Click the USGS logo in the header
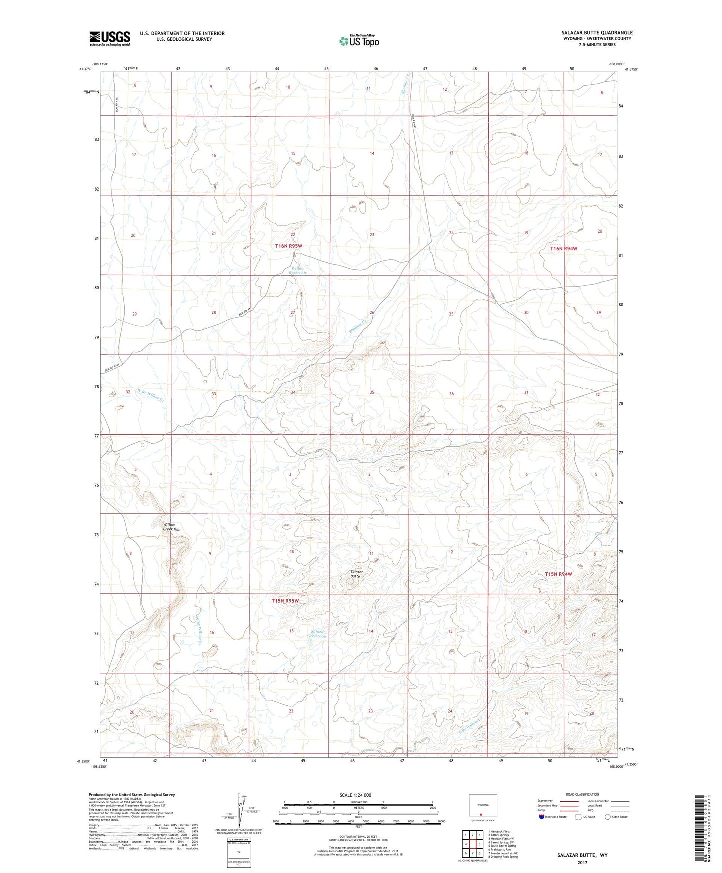pyautogui.click(x=110, y=38)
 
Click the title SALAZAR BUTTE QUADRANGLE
pyautogui.click(x=596, y=33)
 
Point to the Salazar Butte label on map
pyautogui.click(x=355, y=574)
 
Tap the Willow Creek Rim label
pyautogui.click(x=171, y=527)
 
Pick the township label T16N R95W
pyautogui.click(x=289, y=246)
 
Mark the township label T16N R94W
pyautogui.click(x=563, y=248)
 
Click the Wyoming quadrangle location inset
pyautogui.click(x=483, y=806)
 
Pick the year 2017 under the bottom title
pyautogui.click(x=582, y=863)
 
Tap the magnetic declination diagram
pyautogui.click(x=239, y=810)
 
